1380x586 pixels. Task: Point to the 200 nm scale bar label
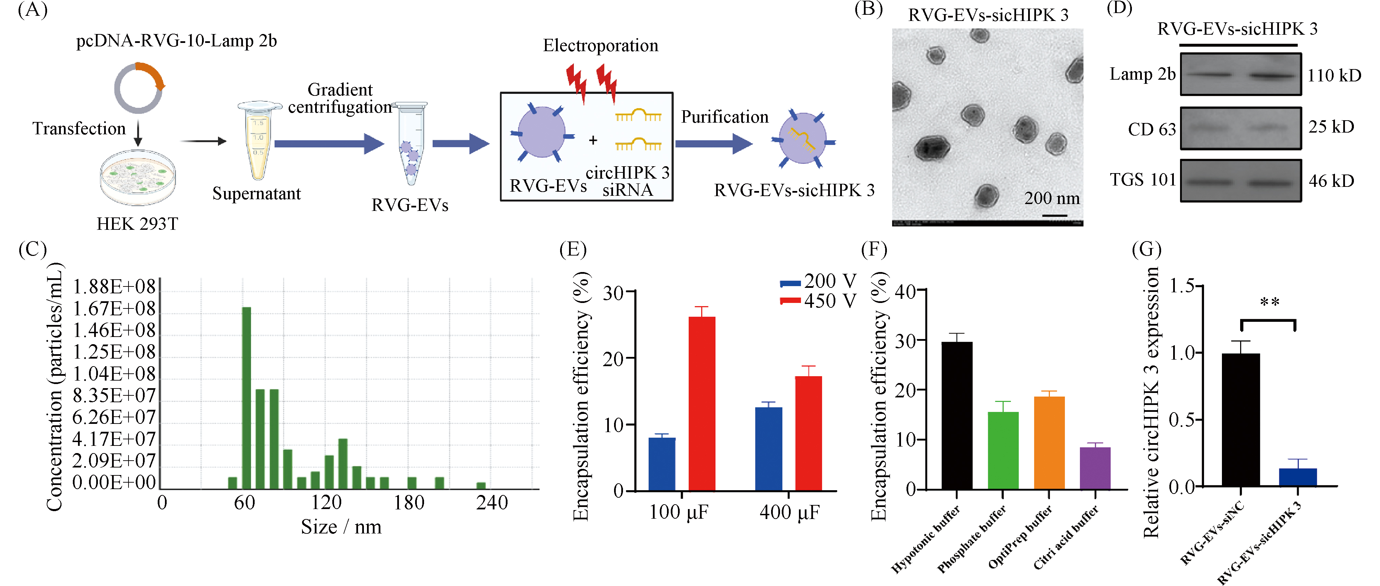click(x=1051, y=198)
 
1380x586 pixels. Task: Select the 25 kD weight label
click(x=1331, y=127)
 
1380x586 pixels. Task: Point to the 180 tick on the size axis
click(x=409, y=503)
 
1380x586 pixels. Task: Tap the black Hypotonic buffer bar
click(x=957, y=415)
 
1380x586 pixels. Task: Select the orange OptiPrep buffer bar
click(x=1049, y=442)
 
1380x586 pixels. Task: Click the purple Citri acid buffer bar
click(x=1095, y=467)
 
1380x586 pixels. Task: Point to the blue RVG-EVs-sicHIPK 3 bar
click(x=1298, y=477)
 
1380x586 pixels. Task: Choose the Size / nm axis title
click(x=341, y=527)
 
